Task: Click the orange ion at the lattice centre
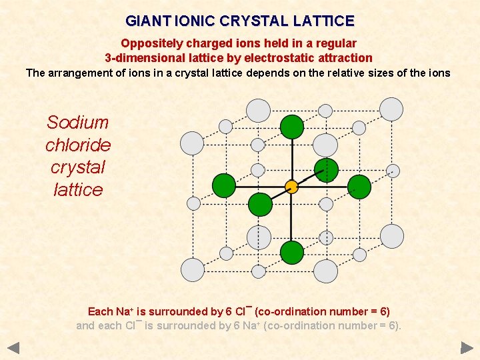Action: (x=291, y=186)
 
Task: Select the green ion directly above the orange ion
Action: (x=291, y=126)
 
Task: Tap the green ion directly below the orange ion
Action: (x=291, y=252)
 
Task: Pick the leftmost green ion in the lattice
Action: (x=224, y=186)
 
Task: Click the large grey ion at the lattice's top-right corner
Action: (x=391, y=109)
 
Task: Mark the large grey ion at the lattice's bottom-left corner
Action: (x=192, y=270)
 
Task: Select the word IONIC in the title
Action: (x=196, y=21)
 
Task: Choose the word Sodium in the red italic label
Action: (x=78, y=123)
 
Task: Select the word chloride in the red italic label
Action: (x=78, y=145)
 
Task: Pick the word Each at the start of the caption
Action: (x=101, y=311)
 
